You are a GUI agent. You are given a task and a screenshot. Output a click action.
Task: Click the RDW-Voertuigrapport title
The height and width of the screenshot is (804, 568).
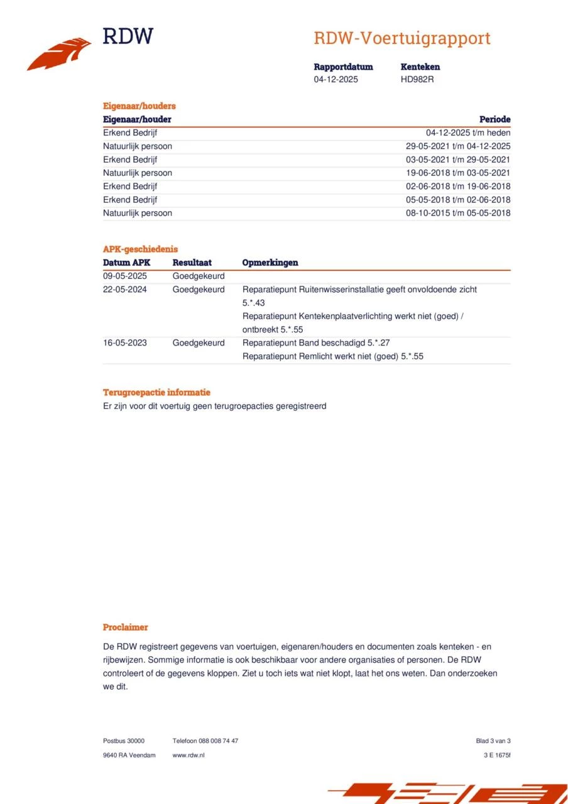point(402,38)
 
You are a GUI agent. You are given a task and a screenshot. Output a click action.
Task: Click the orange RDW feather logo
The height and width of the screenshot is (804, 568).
point(59,54)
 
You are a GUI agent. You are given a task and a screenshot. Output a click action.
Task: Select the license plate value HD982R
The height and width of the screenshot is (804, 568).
point(417,79)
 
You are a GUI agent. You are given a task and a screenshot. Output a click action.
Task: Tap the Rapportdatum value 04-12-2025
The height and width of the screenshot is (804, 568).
point(336,79)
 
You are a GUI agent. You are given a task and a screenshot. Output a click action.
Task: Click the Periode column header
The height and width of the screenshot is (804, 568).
point(494,119)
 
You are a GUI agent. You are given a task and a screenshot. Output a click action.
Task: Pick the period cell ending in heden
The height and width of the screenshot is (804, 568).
point(468,133)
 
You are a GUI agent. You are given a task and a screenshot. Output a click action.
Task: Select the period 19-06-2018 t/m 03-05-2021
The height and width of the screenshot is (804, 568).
point(458,173)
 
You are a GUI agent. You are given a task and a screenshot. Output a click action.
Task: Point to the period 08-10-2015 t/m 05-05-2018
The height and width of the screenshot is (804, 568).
point(458,213)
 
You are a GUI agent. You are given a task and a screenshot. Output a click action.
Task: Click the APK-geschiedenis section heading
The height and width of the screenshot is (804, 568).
point(140,249)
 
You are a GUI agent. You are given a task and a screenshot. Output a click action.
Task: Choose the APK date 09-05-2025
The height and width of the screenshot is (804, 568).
point(125,276)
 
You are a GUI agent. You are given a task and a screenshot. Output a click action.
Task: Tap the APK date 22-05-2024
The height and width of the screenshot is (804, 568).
point(125,290)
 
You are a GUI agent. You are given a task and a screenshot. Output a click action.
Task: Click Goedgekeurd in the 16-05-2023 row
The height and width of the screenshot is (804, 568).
point(199,343)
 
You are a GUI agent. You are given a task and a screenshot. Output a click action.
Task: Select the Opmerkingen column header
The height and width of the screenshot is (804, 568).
point(270,263)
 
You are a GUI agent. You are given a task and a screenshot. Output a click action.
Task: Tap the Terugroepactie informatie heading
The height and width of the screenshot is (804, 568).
point(156,393)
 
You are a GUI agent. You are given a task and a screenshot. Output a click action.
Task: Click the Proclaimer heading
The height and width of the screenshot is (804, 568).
point(126,627)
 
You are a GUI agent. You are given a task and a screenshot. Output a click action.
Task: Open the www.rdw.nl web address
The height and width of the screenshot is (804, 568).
point(188,755)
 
